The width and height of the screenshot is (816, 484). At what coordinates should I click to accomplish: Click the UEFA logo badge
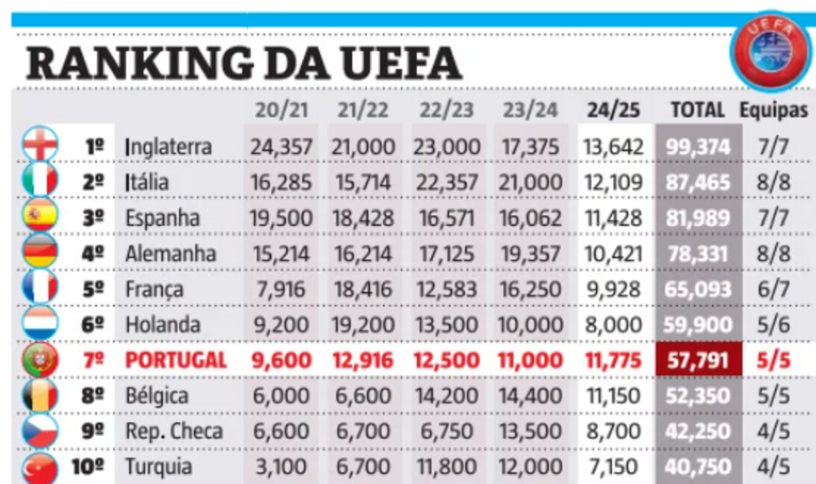click(x=770, y=51)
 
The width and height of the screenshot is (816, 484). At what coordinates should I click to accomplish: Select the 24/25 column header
click(x=613, y=110)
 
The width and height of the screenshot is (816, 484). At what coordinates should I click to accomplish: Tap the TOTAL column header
click(x=698, y=110)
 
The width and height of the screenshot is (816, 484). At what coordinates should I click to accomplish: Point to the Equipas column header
click(x=774, y=110)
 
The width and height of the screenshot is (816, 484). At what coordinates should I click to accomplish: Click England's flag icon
click(x=39, y=145)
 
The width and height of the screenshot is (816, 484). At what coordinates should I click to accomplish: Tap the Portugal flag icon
click(x=39, y=360)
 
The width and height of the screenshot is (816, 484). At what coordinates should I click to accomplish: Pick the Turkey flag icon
click(x=39, y=467)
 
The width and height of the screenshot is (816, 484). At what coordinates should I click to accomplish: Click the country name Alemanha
click(x=171, y=253)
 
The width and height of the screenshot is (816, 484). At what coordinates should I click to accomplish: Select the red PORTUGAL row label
click(x=176, y=360)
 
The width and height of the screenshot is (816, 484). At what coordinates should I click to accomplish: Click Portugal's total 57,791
click(x=698, y=360)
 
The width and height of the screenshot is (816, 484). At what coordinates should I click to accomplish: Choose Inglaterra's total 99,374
click(x=698, y=147)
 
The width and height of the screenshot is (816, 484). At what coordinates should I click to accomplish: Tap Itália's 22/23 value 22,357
click(x=446, y=182)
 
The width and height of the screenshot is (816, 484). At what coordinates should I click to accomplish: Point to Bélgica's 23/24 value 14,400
click(x=529, y=396)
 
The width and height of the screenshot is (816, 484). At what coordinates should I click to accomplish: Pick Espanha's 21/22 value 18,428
click(x=363, y=218)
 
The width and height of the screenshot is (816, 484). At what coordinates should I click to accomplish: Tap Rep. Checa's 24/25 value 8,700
click(x=613, y=432)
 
